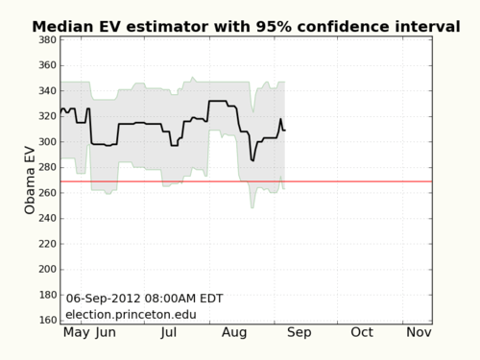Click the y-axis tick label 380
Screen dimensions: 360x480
click(44, 40)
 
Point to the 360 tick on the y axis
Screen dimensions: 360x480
click(44, 65)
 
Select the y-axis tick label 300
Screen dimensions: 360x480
click(44, 142)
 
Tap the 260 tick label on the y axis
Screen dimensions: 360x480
click(44, 193)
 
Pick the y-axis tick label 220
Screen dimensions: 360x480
click(44, 244)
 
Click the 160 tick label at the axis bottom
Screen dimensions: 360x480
click(44, 320)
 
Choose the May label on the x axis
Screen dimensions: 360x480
click(77, 332)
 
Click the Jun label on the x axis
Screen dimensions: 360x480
click(106, 332)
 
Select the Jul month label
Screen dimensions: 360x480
click(169, 332)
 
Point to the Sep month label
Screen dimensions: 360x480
click(299, 332)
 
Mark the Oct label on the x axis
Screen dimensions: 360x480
click(362, 332)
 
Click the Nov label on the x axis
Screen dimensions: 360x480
click(418, 332)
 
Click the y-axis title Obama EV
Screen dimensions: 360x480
click(30, 180)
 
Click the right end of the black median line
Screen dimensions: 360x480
click(285, 130)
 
